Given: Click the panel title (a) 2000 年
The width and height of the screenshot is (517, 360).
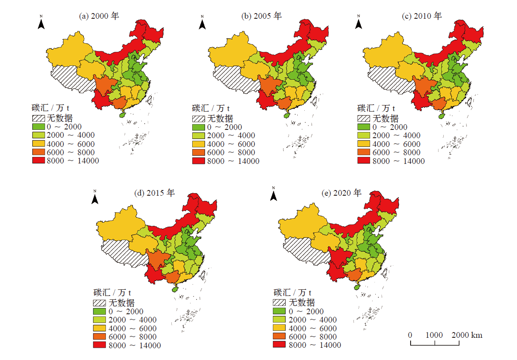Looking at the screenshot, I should coord(99,16).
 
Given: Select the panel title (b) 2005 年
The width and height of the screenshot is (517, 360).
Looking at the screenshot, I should coord(262,16).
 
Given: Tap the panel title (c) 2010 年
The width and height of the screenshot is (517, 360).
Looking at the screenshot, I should coord(422,16).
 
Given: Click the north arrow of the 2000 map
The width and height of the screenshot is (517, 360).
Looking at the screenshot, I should coord(41,23).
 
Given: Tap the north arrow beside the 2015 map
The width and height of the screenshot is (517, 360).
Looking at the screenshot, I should coord(95,198).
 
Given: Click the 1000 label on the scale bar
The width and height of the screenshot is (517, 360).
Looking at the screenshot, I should coord(434,335).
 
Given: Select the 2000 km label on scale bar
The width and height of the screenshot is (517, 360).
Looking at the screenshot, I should coord(466,335).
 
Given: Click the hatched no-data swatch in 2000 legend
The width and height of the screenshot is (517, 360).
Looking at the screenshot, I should coord(39,119).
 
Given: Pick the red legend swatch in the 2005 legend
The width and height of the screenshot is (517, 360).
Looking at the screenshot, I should coord(199,161).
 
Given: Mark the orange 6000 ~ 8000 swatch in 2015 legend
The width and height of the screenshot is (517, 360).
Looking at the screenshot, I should coord(100,337).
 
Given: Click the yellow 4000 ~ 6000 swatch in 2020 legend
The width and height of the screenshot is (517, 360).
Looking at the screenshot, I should coord(280,328).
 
